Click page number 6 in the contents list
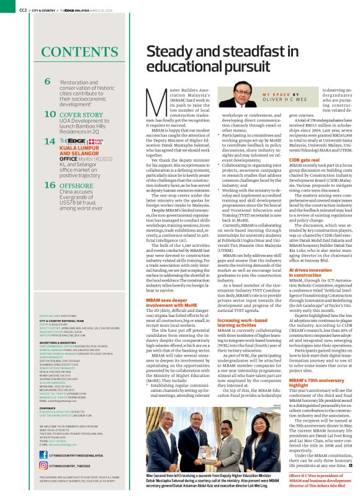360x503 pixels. pos(48,82)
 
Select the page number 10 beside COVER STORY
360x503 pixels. pos(50,115)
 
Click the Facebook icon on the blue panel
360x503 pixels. pos(44,456)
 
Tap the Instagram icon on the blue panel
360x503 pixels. pos(44,466)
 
